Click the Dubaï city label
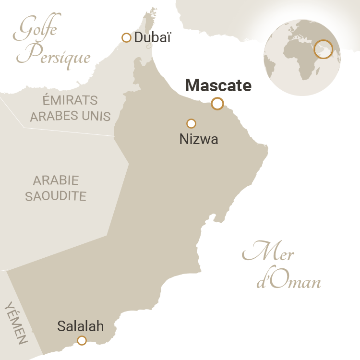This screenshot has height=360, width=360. point(152,38)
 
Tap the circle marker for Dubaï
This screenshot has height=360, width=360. point(126,38)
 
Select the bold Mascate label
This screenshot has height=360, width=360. point(218,85)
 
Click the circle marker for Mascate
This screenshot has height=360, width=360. point(217,103)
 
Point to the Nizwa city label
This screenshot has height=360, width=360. point(199,139)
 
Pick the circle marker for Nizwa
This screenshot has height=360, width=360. point(191,123)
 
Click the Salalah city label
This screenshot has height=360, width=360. point(81,326)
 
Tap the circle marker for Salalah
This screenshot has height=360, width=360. point(82,341)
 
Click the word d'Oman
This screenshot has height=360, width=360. point(288,281)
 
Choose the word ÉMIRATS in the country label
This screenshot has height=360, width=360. point(70,101)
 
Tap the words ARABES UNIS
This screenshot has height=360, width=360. point(70,116)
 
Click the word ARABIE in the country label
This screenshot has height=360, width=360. point(56,181)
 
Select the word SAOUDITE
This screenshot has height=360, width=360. point(56,196)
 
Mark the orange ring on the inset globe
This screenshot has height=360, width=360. point(324,49)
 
